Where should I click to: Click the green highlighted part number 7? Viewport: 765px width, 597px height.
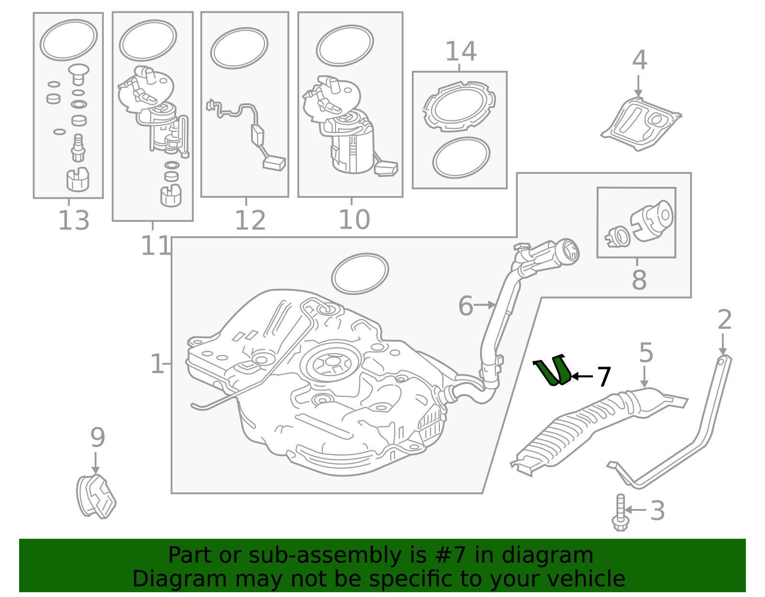(553, 371)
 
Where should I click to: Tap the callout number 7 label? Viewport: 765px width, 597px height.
(604, 377)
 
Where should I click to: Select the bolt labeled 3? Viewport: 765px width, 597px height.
(620, 512)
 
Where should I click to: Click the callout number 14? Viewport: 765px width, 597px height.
(460, 52)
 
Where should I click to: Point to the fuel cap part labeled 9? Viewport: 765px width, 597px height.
(96, 497)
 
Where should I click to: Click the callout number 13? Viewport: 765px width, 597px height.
(74, 220)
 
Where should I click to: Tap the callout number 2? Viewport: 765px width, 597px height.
(724, 320)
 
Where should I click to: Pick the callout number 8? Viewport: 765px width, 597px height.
(639, 280)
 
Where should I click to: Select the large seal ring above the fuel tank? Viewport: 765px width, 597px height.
(360, 273)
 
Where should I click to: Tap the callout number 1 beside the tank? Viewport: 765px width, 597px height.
(156, 364)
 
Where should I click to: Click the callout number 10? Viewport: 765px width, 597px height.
(354, 220)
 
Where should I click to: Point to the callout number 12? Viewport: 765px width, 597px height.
(250, 220)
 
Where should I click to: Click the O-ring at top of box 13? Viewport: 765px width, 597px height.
(68, 40)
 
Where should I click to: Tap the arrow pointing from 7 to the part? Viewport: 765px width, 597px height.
(582, 376)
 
